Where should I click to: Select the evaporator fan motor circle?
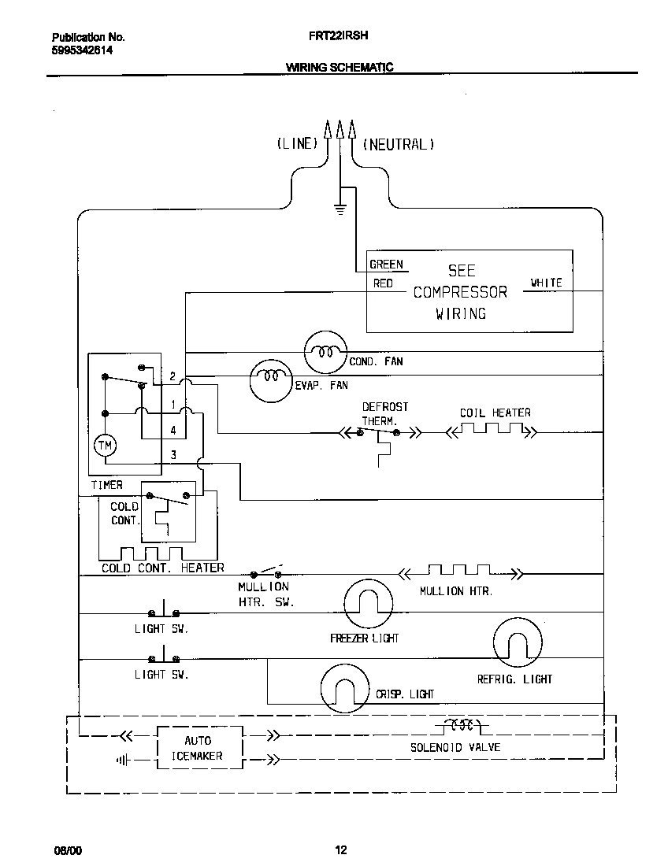(x=272, y=379)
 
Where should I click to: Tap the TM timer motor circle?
(x=105, y=446)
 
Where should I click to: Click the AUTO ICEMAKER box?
(x=197, y=748)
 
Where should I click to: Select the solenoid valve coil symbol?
(x=459, y=725)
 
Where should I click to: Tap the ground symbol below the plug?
(x=340, y=209)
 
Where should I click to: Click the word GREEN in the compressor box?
(x=386, y=265)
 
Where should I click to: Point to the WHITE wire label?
(x=546, y=283)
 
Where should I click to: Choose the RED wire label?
(x=383, y=283)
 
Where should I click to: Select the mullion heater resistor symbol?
(x=458, y=572)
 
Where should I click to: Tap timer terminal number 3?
(x=173, y=455)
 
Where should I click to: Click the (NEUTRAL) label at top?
(x=399, y=144)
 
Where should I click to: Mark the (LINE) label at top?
(x=297, y=144)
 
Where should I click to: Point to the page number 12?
(x=340, y=849)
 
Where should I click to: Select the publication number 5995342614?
(x=82, y=50)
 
